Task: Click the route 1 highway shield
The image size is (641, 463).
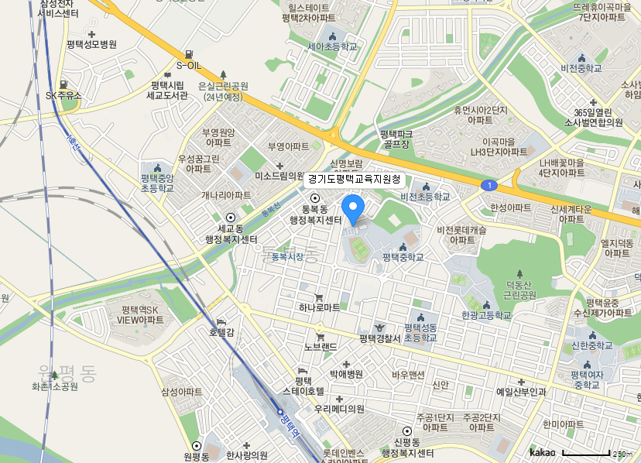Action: coord(489,186)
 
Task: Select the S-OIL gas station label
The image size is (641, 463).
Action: coord(188,66)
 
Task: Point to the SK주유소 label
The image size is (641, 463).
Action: coord(63,95)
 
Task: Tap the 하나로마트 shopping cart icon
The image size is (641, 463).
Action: coord(319,297)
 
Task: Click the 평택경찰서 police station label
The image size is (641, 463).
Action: coord(379,338)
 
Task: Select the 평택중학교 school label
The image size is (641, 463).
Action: coord(403,257)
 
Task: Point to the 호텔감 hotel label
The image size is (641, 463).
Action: coord(221,332)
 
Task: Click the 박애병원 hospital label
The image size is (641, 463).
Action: coord(346,374)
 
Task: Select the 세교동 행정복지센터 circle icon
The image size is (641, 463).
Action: coord(230,218)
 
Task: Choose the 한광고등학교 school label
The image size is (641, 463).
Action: coord(486,315)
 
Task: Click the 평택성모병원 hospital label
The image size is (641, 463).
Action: coord(91,45)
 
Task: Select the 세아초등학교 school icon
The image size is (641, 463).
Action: coord(333,36)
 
